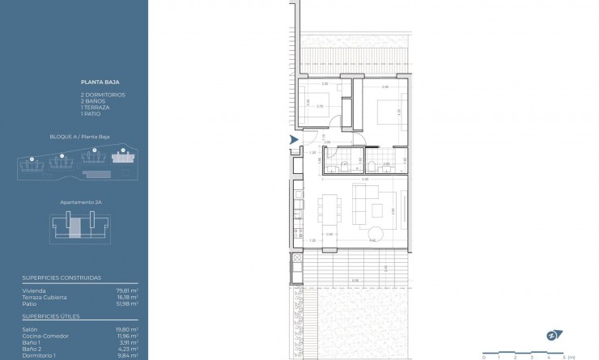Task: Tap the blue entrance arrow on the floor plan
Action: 293,141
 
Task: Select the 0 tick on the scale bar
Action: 483,356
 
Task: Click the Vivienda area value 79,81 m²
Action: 128,290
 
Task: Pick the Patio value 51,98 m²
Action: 128,303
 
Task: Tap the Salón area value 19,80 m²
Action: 128,330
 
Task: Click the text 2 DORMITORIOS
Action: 102,95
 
